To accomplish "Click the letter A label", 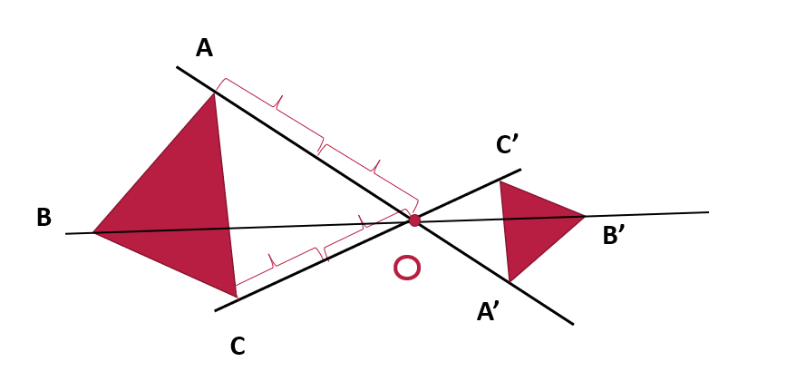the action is click(204, 48).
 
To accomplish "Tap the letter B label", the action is click(44, 217).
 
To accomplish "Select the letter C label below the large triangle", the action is click(238, 347).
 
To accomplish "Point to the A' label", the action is click(486, 311).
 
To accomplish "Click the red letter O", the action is click(407, 268).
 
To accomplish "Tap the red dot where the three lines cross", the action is click(414, 220).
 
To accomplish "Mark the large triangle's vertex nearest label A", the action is click(214, 93).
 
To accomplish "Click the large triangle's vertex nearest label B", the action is click(93, 232).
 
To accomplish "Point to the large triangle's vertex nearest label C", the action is click(237, 297).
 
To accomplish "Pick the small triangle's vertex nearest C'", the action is click(500, 181).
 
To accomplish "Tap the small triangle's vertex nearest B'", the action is click(585, 216).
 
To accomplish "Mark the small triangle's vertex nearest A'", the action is click(509, 281).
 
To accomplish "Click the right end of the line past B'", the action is click(709, 212).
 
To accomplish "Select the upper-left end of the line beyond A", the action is click(177, 67).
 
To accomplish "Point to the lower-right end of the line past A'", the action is click(573, 325).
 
